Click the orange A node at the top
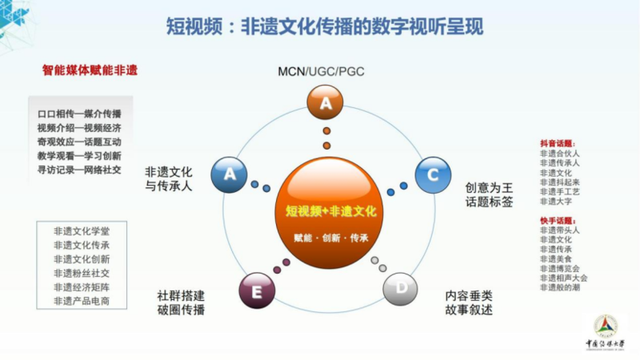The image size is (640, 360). (x=326, y=102)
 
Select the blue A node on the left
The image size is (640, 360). (x=230, y=174)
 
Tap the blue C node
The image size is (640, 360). (x=433, y=174)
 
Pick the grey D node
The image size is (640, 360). (x=401, y=289)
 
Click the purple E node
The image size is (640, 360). (x=257, y=292)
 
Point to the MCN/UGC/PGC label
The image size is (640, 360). (x=320, y=72)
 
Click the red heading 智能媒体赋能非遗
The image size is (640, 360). (x=90, y=70)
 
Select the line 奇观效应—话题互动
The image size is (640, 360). (x=78, y=141)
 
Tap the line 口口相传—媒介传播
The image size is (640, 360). (x=78, y=114)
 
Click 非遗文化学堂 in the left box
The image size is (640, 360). (x=82, y=231)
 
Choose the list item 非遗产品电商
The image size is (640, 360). (x=82, y=301)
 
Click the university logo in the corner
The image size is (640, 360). (x=605, y=328)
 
